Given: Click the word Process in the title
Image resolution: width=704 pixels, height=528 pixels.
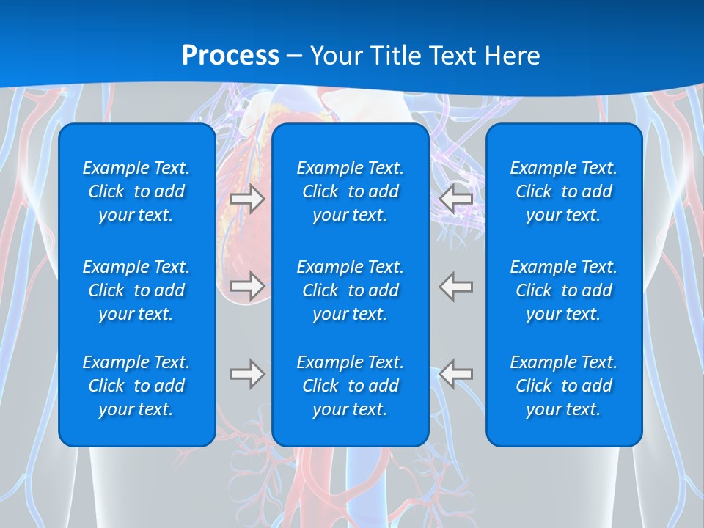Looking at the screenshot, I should pos(230,56).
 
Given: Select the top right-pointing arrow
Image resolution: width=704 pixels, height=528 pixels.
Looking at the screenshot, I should pos(248,199).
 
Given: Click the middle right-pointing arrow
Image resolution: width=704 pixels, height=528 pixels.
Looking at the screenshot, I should pos(248,285).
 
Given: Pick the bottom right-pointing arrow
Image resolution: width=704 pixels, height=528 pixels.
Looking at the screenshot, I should pos(248,374).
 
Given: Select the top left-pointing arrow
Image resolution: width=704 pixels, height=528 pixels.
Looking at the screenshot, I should pos(456,199).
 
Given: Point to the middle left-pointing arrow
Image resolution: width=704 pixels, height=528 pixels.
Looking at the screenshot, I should pos(456,285).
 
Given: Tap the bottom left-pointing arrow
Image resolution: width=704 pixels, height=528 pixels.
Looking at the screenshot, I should pos(456,374).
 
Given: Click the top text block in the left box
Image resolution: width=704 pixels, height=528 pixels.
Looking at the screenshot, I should pos(136,191).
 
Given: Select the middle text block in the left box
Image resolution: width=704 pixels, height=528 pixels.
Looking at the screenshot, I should pos(136,290).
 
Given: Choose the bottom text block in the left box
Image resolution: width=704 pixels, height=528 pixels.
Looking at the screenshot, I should pos(136,386).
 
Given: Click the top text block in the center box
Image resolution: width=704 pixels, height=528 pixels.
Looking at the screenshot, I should pos(350,191).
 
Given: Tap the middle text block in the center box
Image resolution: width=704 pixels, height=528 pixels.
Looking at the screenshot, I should pos(350,290).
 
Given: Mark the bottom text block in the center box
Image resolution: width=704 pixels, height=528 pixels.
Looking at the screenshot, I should pos(350,386).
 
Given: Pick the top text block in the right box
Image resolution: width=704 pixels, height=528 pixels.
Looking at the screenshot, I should pos(563,191).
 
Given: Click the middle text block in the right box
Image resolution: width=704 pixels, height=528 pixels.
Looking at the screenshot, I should pos(563,290).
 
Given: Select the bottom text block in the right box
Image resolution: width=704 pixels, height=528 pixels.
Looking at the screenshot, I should pos(563,386).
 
